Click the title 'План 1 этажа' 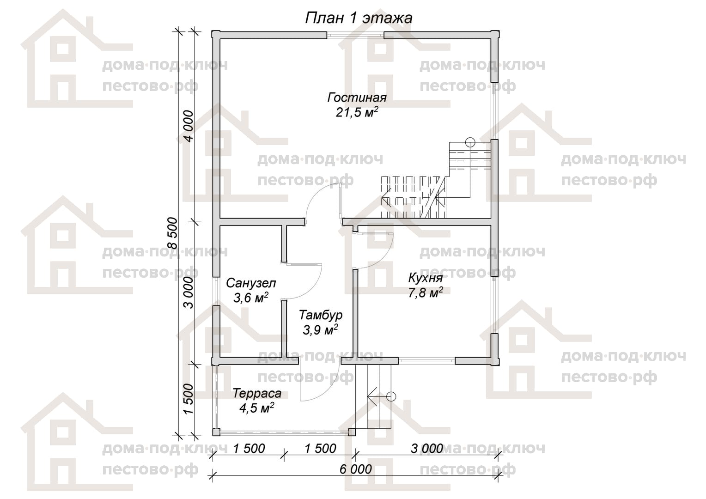coord(359,18)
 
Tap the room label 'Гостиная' coord(357,97)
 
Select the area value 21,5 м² coord(357,112)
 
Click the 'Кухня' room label coord(426,278)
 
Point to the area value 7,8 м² coord(426,293)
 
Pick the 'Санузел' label coord(251,283)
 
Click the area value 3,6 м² coord(251,298)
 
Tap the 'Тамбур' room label coord(321,315)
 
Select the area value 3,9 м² coord(321,330)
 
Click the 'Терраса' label coord(257,394)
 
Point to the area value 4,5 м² coord(257,408)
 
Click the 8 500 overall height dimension coord(173,233)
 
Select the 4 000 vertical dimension coord(189,126)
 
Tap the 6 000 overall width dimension coord(355,469)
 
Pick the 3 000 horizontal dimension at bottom coord(427,449)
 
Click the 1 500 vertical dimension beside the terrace coord(189,399)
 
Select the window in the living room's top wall coord(355,35)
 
